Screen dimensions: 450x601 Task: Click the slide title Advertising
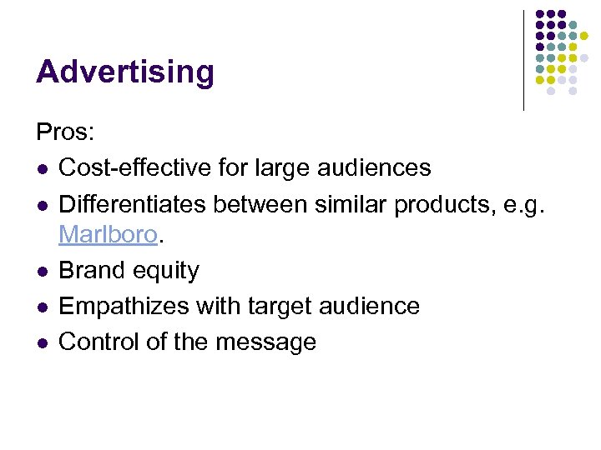click(125, 72)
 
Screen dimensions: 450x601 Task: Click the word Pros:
click(66, 132)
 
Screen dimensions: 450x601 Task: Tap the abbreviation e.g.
click(521, 202)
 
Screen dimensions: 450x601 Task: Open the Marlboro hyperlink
click(108, 235)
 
